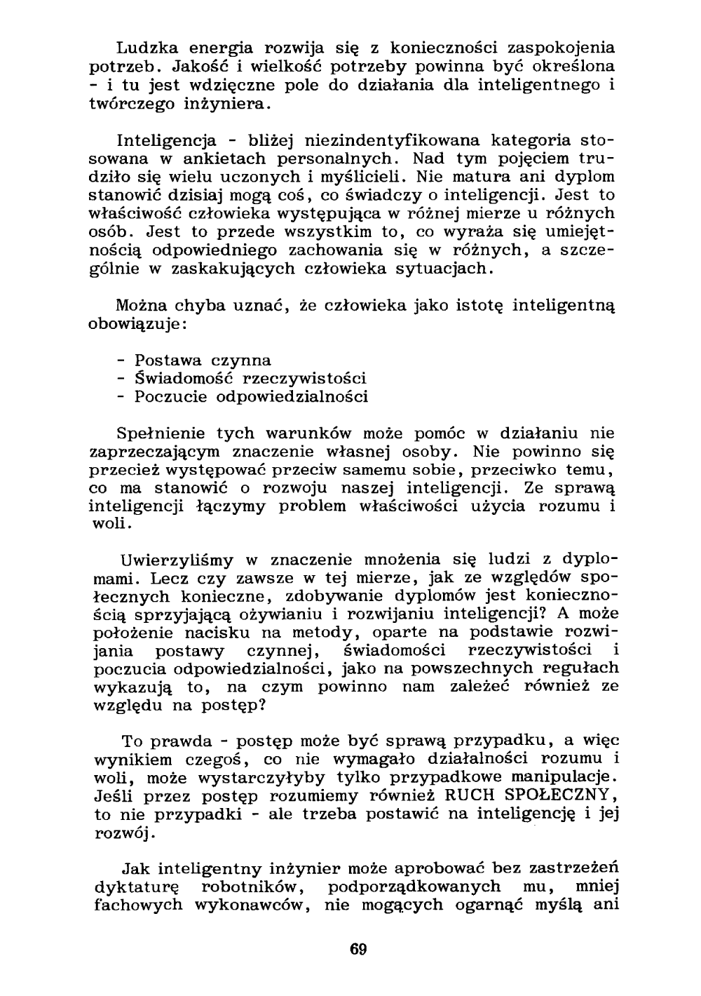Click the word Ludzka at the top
point(143,48)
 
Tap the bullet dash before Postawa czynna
point(121,361)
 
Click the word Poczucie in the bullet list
point(170,397)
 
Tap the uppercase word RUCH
point(473,796)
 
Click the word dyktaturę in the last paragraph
point(138,887)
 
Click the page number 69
point(358,950)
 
